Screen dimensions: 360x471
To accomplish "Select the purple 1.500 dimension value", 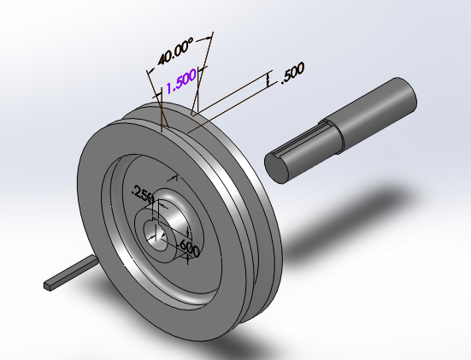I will click(x=181, y=80).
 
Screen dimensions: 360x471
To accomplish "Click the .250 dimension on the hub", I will click(x=141, y=196).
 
